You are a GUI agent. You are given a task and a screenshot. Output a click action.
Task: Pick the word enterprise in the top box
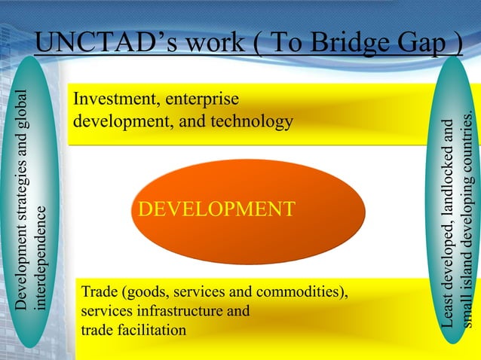click(202, 99)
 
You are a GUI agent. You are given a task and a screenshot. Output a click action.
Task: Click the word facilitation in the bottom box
click(150, 329)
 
